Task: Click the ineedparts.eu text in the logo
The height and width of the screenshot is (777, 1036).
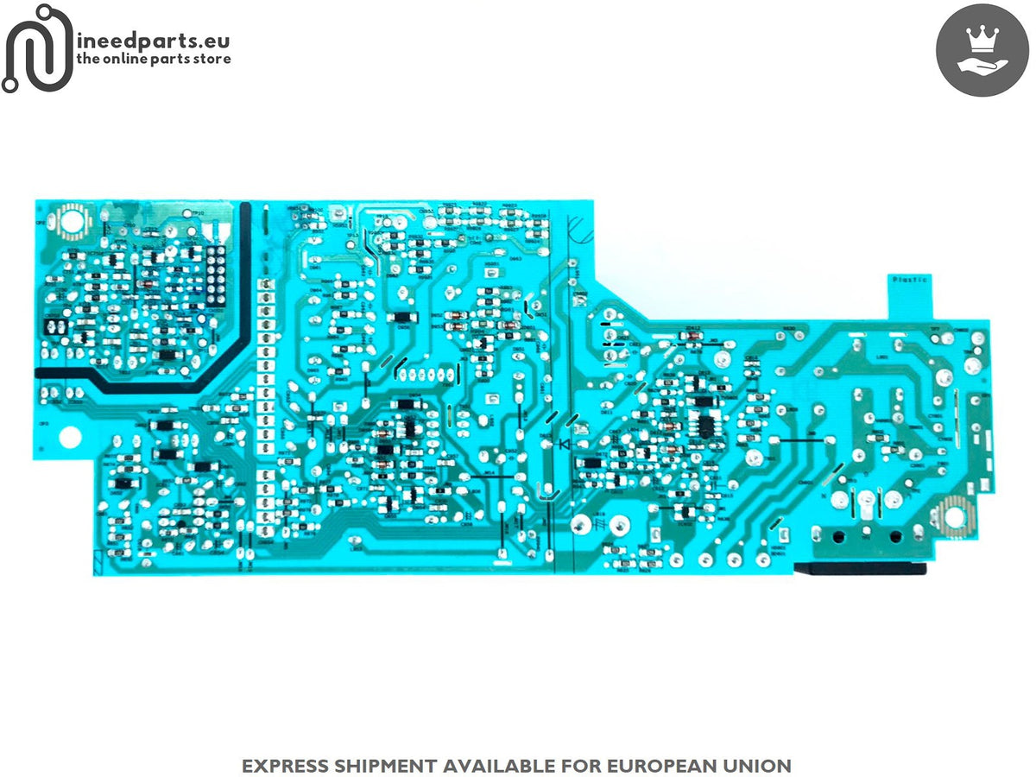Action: point(153,41)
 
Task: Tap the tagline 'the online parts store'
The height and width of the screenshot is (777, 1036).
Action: point(154,60)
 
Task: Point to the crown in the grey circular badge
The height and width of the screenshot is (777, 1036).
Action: point(981,39)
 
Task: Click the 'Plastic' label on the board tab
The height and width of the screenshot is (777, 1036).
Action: point(908,280)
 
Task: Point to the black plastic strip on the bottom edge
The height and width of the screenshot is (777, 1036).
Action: point(862,568)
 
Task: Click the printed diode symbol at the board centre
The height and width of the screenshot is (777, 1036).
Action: point(565,445)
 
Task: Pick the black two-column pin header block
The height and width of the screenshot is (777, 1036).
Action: point(215,271)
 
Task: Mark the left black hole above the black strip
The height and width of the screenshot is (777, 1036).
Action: point(836,536)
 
